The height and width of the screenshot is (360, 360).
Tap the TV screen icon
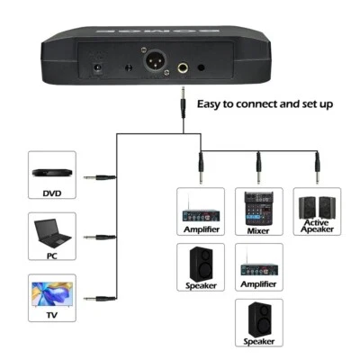[52, 294]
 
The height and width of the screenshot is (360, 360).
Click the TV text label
[52, 315]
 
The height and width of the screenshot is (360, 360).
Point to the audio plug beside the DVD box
[99, 178]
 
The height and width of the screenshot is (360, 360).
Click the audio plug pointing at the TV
[99, 298]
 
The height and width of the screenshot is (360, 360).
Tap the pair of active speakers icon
[316, 204]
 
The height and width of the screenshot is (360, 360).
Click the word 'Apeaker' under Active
[316, 229]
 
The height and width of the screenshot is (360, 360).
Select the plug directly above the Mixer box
[258, 165]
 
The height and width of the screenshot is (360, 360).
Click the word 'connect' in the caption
[263, 103]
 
